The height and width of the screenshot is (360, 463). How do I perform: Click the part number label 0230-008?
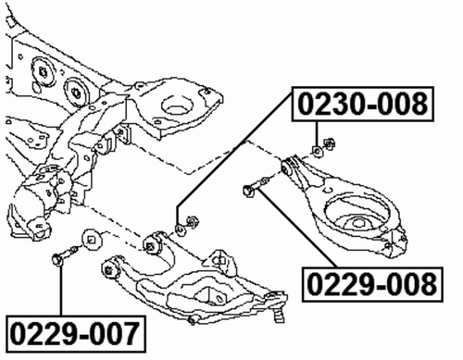coord(363,105)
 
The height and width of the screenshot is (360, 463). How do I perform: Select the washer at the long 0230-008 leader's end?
coord(180,227)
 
